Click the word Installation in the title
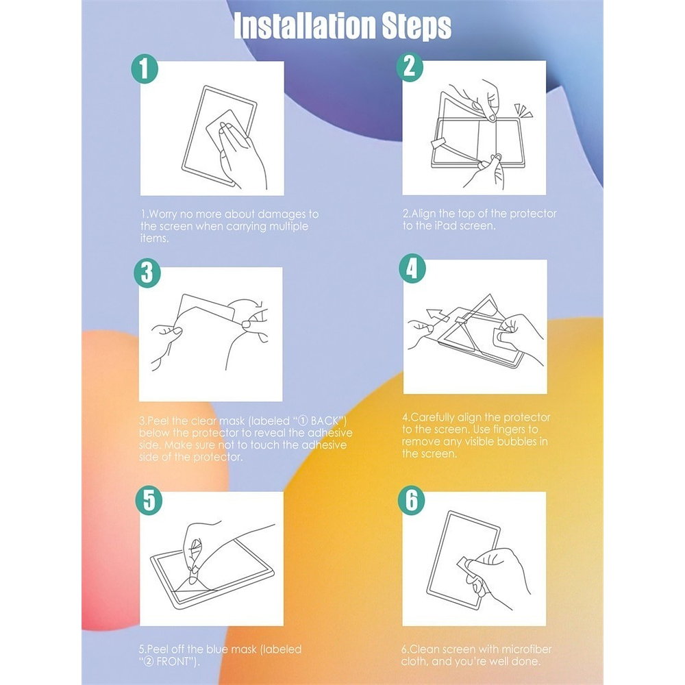point(305,26)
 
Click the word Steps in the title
point(417,27)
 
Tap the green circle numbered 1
point(145,68)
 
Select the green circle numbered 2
point(410,67)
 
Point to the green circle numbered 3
point(147,273)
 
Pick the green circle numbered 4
point(412,268)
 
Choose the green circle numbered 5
point(149,500)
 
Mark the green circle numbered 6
point(411,500)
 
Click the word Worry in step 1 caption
point(163,214)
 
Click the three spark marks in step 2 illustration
point(523,110)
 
